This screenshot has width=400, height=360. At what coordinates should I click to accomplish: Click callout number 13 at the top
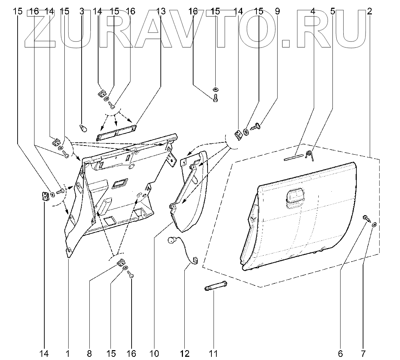pyautogui.click(x=160, y=11)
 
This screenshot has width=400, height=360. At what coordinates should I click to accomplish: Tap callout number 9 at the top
pyautogui.click(x=277, y=11)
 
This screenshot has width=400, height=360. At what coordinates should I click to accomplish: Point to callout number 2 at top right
pyautogui.click(x=369, y=11)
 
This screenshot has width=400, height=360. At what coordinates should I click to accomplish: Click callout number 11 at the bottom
pyautogui.click(x=213, y=353)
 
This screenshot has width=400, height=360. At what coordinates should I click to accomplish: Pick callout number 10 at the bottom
pyautogui.click(x=154, y=353)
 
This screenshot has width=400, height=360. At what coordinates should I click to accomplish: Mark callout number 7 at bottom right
pyautogui.click(x=363, y=353)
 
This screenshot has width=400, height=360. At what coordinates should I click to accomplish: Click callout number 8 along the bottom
pyautogui.click(x=89, y=353)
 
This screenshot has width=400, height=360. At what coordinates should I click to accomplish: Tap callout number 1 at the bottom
pyautogui.click(x=68, y=353)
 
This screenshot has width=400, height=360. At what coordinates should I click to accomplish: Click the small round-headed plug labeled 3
pyautogui.click(x=83, y=128)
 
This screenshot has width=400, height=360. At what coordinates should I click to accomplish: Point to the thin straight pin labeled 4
pyautogui.click(x=293, y=157)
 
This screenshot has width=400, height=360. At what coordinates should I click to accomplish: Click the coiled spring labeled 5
pyautogui.click(x=310, y=155)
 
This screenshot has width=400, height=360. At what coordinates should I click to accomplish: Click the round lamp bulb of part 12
pyautogui.click(x=171, y=240)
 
